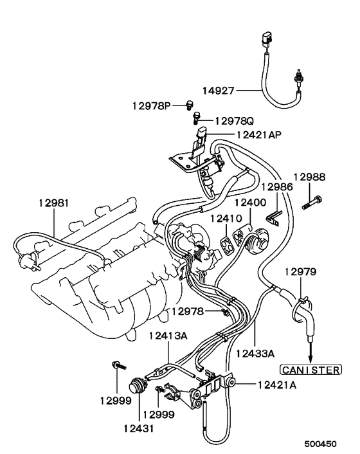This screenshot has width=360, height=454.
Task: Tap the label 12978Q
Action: pyautogui.click(x=235, y=120)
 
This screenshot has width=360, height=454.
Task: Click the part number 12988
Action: pyautogui.click(x=310, y=176)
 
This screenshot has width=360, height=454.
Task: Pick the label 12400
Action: pyautogui.click(x=250, y=202)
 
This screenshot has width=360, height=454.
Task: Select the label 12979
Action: pyautogui.click(x=301, y=272)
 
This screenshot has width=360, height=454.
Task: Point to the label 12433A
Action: pyautogui.click(x=255, y=353)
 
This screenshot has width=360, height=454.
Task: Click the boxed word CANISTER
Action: pyautogui.click(x=310, y=369)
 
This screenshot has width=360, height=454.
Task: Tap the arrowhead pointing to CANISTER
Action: pyautogui.click(x=310, y=359)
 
